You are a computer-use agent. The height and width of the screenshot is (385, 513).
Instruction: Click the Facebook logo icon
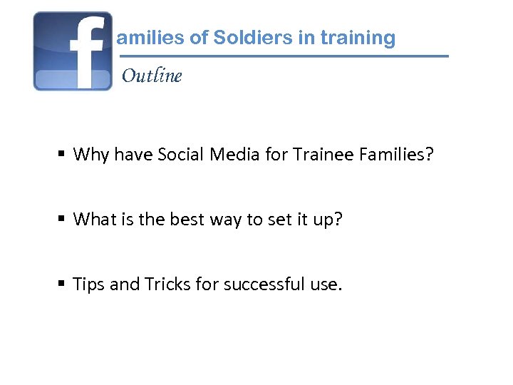(73, 51)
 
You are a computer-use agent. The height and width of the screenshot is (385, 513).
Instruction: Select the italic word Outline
(152, 76)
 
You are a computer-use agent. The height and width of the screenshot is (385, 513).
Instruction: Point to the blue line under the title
(285, 56)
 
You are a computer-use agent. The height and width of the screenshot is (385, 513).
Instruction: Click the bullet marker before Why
(63, 154)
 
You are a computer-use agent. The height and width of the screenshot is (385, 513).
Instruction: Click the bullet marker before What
(63, 219)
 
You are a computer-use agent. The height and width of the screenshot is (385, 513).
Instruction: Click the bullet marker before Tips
(63, 284)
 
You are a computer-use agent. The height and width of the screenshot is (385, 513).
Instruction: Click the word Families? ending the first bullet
(400, 154)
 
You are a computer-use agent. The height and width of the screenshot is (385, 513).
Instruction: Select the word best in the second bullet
(187, 219)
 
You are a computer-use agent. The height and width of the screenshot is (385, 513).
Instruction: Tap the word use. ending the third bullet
(326, 285)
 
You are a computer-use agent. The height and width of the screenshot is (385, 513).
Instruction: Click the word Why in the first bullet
(90, 155)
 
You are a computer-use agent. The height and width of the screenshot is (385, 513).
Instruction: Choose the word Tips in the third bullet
(89, 285)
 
